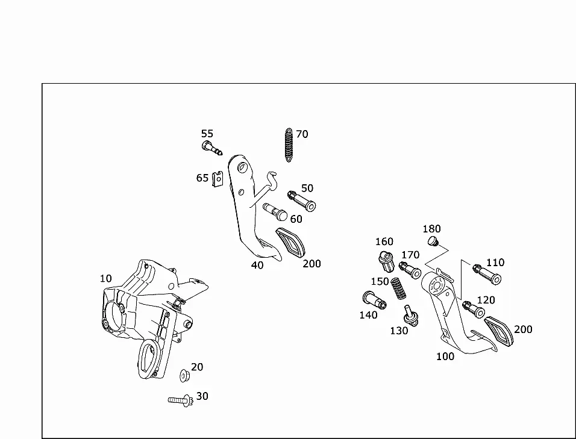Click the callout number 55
pyautogui.click(x=207, y=134)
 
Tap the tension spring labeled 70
pyautogui.click(x=289, y=145)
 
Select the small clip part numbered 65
pyautogui.click(x=218, y=179)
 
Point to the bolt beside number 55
pyautogui.click(x=211, y=148)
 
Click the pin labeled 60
pyautogui.click(x=275, y=212)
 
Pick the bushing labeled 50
pyautogui.click(x=302, y=201)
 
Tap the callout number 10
pyautogui.click(x=105, y=279)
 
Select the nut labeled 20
pyautogui.click(x=184, y=375)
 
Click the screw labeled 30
pyautogui.click(x=180, y=400)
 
